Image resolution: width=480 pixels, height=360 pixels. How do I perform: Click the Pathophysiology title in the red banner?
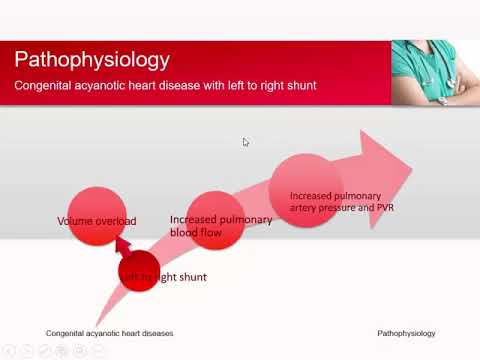(92, 60)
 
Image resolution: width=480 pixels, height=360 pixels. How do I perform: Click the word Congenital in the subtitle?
(41, 86)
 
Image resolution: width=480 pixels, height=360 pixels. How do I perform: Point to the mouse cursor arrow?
(246, 142)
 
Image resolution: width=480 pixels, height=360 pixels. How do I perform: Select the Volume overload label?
(96, 221)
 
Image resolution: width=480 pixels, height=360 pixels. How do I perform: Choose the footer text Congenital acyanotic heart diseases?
(109, 333)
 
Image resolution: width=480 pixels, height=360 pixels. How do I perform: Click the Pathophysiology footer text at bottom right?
(406, 333)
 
